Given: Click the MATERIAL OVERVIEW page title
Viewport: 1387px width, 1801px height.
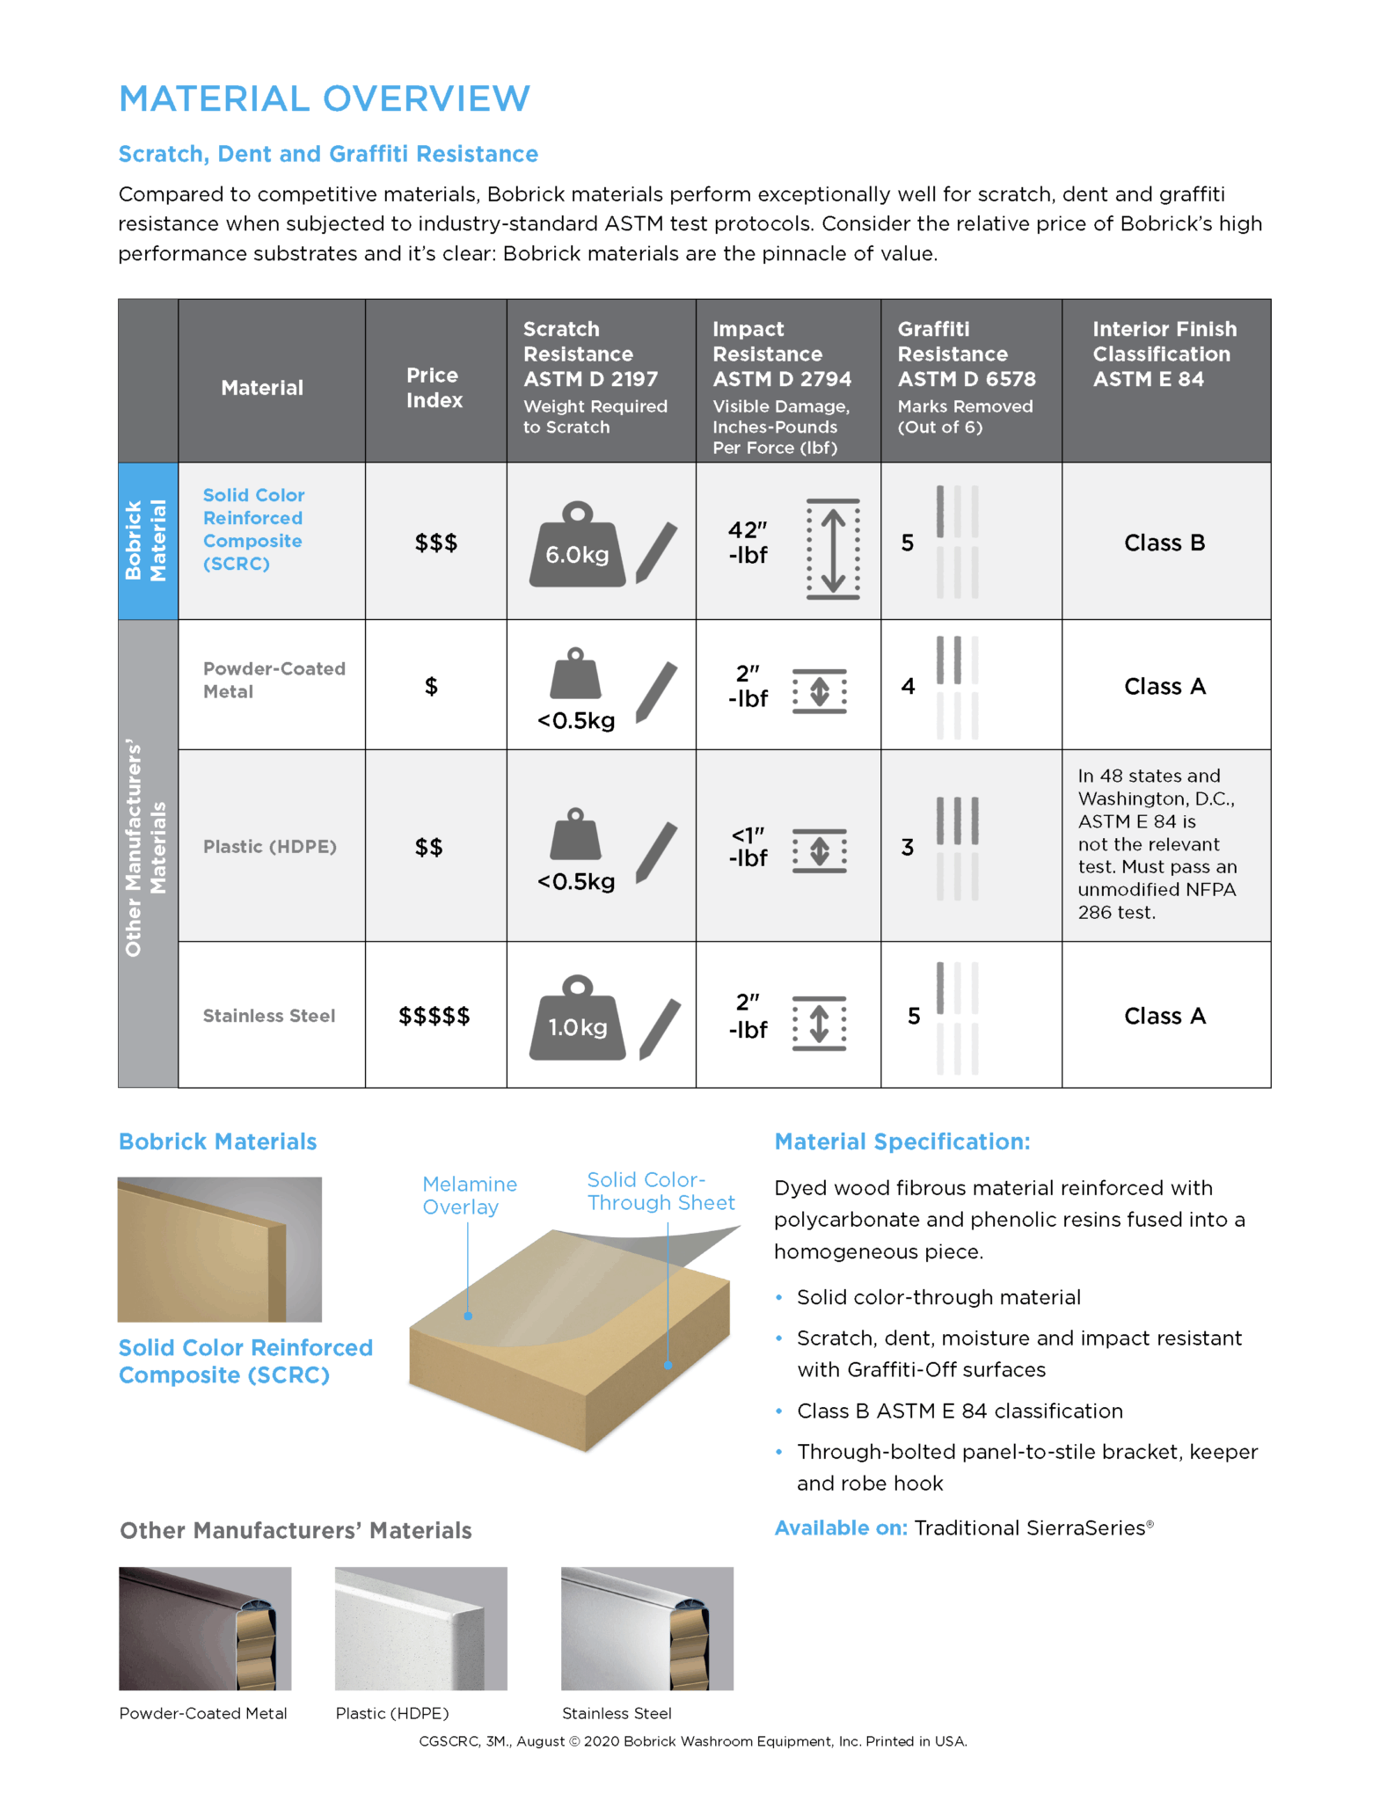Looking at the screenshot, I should point(325,98).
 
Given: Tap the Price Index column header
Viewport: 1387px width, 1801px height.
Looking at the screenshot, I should point(434,388).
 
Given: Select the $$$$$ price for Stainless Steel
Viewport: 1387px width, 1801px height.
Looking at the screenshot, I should point(434,1017).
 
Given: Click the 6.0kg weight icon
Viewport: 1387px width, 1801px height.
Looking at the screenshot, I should point(577,546).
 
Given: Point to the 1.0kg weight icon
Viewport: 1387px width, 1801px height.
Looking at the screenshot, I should point(577,1019).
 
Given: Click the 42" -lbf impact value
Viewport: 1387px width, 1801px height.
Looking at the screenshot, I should point(748,543).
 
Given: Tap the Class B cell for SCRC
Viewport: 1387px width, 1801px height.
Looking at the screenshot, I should point(1164,543).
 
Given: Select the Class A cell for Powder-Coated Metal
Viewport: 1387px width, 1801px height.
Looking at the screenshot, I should point(1164,687).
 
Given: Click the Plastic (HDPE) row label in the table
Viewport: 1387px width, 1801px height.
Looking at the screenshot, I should point(269,847).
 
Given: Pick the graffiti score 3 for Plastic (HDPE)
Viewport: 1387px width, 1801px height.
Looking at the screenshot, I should point(908,848).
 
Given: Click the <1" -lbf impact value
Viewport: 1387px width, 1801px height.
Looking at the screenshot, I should point(748,847).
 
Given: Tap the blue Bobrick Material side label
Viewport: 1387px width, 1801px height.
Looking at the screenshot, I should point(147,541).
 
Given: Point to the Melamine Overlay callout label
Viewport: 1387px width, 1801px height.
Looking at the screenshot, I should point(470,1196).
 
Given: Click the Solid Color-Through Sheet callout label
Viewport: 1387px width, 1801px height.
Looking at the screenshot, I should point(661,1192).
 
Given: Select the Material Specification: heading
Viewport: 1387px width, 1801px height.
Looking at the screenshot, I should point(902,1142).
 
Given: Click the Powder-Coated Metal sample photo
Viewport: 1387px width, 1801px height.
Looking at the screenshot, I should point(205,1628).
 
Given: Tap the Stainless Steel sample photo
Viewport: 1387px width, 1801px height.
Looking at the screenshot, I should point(646,1628).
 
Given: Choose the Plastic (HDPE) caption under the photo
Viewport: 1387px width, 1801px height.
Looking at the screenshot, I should point(392,1713).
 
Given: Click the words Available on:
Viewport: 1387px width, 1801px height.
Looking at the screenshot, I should point(841,1528).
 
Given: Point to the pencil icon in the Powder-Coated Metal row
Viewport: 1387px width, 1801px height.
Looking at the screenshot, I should point(657,691).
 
